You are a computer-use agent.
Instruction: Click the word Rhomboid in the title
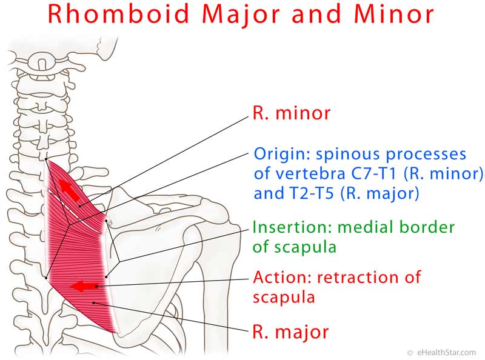118,14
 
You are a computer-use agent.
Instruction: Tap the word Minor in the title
395,14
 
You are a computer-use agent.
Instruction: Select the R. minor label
292,113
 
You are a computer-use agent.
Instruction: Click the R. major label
290,332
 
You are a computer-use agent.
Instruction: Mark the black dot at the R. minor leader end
80,206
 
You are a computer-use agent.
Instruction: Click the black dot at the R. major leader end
93,302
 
